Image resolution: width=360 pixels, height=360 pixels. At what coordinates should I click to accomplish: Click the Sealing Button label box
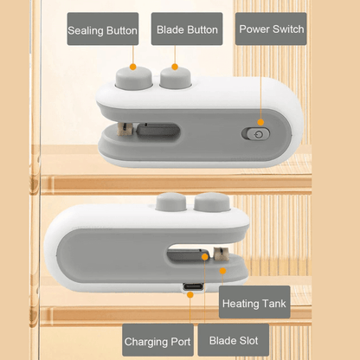tap(103, 29)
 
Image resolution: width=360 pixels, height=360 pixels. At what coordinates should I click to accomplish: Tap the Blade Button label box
tap(187, 29)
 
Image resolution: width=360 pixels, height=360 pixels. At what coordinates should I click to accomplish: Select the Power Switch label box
tap(271, 29)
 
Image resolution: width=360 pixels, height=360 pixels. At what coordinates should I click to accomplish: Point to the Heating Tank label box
tap(254, 302)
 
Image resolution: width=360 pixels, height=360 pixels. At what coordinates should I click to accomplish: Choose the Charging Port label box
tap(157, 340)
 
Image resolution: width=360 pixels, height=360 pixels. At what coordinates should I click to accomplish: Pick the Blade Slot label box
tap(234, 340)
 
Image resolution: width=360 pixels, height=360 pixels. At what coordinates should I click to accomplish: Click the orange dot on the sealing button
tap(132, 67)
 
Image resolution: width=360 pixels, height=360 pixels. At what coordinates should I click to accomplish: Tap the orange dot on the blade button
tap(175, 67)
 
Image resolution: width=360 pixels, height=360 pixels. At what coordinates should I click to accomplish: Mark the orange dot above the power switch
tap(260, 122)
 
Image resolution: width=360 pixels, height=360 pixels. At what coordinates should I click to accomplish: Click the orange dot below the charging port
tap(190, 294)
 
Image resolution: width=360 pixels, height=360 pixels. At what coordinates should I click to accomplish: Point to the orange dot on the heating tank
tap(222, 271)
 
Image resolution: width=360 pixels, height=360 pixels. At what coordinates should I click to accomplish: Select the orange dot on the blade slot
tap(205, 257)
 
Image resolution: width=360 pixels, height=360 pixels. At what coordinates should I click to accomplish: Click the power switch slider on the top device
tap(255, 134)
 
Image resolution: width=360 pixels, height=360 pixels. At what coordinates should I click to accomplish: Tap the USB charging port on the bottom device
tap(193, 287)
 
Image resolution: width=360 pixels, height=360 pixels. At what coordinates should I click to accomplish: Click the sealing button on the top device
tap(134, 78)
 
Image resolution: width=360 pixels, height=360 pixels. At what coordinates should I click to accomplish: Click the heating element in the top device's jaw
tap(125, 129)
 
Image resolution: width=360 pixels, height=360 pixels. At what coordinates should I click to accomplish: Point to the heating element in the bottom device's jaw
tap(221, 254)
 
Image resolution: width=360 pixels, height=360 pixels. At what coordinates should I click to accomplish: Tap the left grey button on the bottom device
tap(170, 202)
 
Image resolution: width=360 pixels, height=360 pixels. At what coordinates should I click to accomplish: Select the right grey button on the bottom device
tap(212, 202)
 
